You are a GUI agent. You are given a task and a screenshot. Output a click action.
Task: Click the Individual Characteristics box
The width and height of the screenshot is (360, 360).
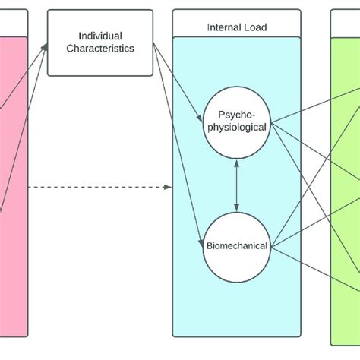100,43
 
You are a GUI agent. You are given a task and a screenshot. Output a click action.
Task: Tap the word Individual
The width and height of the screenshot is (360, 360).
100,36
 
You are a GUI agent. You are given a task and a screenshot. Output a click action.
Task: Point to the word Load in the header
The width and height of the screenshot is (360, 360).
254,27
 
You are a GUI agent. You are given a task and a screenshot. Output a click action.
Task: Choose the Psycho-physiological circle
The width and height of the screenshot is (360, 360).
236,121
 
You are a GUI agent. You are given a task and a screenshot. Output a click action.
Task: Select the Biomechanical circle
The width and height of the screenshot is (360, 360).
236,245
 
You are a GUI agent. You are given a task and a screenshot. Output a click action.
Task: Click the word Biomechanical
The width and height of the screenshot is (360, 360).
236,245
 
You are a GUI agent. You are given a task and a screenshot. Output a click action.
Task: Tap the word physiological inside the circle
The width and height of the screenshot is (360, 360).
236,127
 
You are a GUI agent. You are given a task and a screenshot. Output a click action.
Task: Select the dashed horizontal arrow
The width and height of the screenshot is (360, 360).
99,186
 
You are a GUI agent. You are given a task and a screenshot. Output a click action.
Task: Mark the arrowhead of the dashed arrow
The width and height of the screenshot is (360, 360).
168,186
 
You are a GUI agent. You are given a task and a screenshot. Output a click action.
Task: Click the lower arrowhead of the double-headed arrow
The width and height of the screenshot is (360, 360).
236,207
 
